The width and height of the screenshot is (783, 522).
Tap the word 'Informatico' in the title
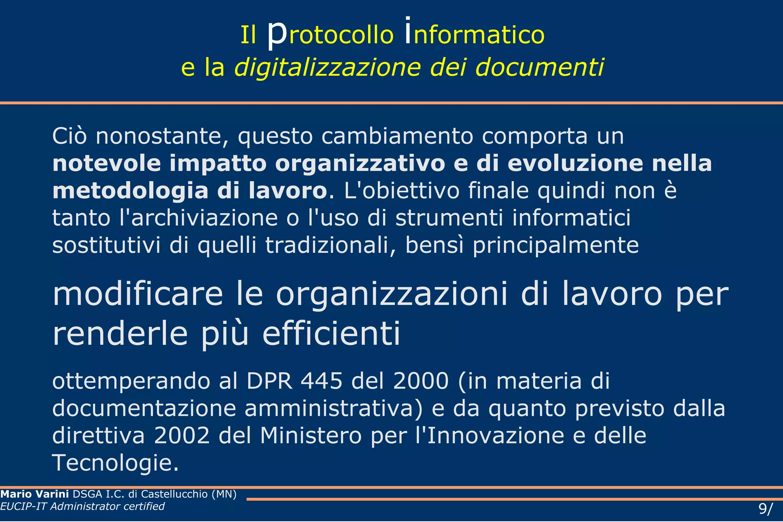pos(474,34)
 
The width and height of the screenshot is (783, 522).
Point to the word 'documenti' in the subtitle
pos(539,68)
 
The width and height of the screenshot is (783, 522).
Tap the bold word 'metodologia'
pos(130,191)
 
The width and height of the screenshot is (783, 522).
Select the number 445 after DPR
pos(322,381)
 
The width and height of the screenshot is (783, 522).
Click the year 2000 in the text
pos(421,381)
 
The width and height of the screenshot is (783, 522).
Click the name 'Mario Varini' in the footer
pos(34,494)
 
